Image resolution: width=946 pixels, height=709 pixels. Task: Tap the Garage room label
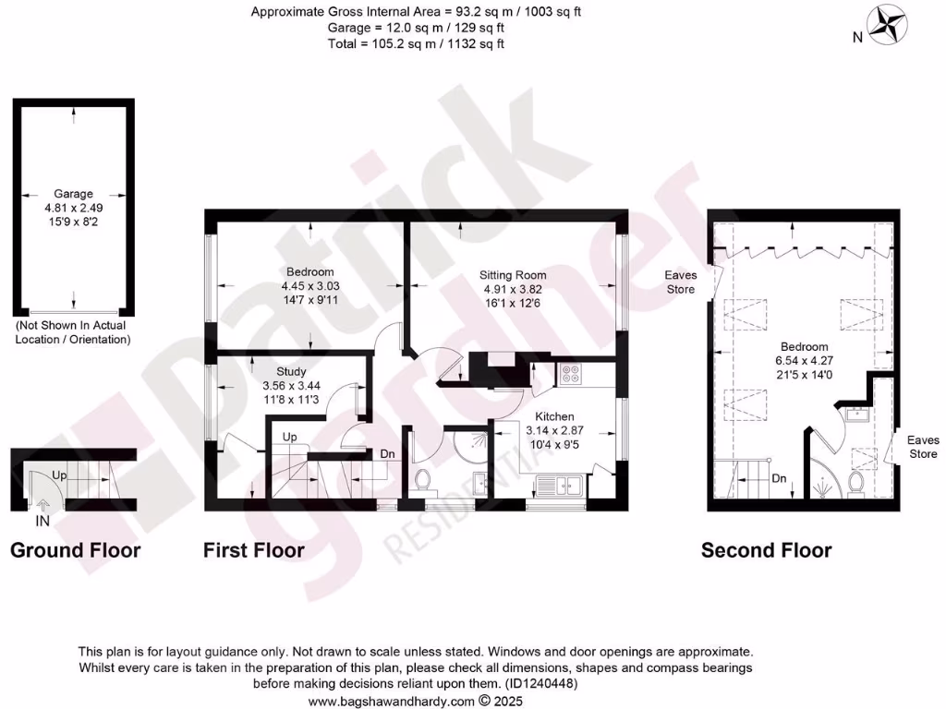[73, 194]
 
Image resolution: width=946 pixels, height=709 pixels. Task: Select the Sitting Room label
[512, 275]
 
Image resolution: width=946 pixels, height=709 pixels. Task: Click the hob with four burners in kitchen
[570, 375]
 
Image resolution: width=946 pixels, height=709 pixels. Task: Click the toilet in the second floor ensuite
[855, 484]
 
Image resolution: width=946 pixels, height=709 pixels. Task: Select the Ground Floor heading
[75, 551]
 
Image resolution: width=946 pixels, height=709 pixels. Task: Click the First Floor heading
[254, 551]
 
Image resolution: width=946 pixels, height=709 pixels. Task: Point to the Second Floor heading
[766, 551]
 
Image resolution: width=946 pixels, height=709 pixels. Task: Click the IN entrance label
[42, 522]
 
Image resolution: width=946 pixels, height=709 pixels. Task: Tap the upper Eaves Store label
[681, 282]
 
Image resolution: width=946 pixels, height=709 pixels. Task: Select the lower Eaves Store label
[922, 447]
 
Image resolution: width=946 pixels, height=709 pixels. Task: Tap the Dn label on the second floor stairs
[779, 479]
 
